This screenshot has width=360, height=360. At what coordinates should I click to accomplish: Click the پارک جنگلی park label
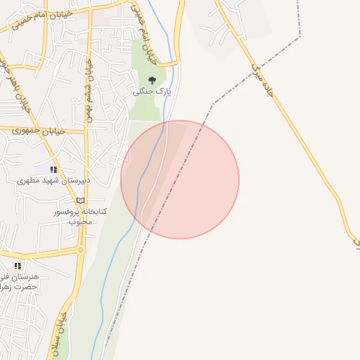[153, 92]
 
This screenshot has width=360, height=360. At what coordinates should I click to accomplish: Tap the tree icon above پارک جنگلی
[153, 80]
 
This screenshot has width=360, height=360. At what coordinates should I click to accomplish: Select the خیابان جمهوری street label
[43, 131]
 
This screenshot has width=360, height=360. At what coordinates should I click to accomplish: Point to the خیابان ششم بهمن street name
[89, 88]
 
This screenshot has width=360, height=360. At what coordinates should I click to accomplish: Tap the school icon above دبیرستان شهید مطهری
[53, 169]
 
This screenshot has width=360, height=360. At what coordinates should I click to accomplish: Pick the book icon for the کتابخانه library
[81, 200]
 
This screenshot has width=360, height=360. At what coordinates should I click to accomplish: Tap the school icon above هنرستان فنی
[18, 266]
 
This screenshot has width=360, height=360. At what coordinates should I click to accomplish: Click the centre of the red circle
[180, 179]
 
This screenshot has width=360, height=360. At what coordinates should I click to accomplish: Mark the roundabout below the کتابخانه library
[82, 250]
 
